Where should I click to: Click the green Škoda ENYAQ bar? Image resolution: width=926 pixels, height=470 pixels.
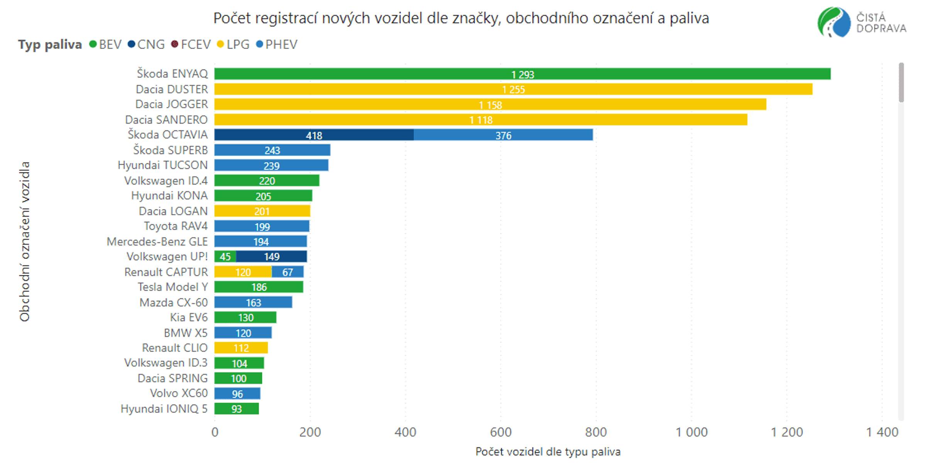point(522,74)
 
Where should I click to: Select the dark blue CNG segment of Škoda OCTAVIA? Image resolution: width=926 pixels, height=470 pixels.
point(314,135)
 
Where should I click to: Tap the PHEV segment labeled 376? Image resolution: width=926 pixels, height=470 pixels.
point(503,135)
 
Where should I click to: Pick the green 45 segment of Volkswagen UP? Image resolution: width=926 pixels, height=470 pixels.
point(225,256)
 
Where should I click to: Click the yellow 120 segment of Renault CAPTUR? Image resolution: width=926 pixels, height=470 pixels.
point(243,272)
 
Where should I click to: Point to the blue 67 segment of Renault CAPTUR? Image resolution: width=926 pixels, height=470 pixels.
point(288,272)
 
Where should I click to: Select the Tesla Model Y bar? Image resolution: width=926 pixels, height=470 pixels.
point(259,287)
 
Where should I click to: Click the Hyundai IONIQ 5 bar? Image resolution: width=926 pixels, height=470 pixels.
point(237,409)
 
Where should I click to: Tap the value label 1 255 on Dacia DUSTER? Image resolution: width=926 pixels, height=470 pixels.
point(513,89)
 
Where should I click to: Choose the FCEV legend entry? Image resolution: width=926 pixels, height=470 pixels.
point(191,44)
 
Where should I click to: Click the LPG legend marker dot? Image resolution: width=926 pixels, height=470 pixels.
point(220,44)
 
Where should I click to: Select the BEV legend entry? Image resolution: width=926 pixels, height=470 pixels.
point(105,44)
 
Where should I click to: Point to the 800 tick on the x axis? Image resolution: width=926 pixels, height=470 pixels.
point(596,432)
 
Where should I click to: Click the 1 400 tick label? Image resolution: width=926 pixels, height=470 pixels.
point(882,432)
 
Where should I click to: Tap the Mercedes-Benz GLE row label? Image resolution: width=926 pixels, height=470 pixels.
point(157,241)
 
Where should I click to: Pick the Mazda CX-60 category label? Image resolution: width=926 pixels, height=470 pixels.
point(174,302)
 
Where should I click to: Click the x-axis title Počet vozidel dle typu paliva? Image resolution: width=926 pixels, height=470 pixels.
point(548,451)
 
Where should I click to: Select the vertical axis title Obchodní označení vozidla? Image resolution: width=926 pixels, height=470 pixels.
point(24,241)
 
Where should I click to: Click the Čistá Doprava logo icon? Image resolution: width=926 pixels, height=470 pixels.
point(834,22)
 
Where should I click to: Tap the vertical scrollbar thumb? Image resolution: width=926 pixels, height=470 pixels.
point(901,83)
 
